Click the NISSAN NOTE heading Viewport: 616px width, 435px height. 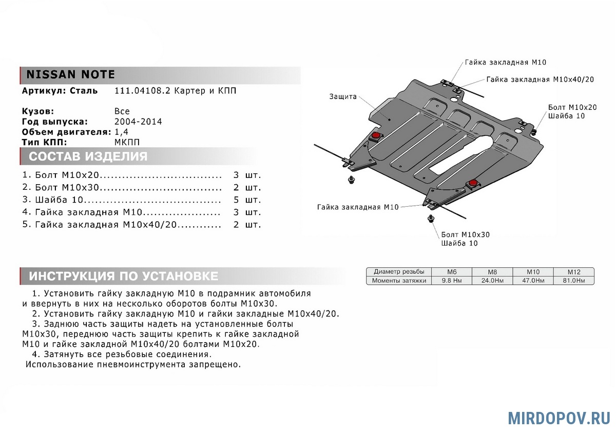point(71,74)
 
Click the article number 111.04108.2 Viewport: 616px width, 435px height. point(142,91)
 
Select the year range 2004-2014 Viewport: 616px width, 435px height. point(138,122)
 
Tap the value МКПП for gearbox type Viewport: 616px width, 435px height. point(126,142)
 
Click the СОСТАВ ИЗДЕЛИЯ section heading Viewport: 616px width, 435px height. point(88,156)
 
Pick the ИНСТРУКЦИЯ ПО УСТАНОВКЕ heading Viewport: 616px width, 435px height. point(123,276)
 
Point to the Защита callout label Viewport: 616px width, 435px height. point(343,96)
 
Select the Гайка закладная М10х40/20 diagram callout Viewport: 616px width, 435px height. point(540,80)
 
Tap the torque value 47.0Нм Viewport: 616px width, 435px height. point(532,281)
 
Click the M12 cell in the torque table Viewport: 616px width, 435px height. point(573,271)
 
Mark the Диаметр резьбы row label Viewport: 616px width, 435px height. point(399,271)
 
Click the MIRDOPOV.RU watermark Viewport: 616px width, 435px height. point(559,418)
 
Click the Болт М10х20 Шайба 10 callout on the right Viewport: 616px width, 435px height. point(572,112)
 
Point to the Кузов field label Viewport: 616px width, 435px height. point(38,111)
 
